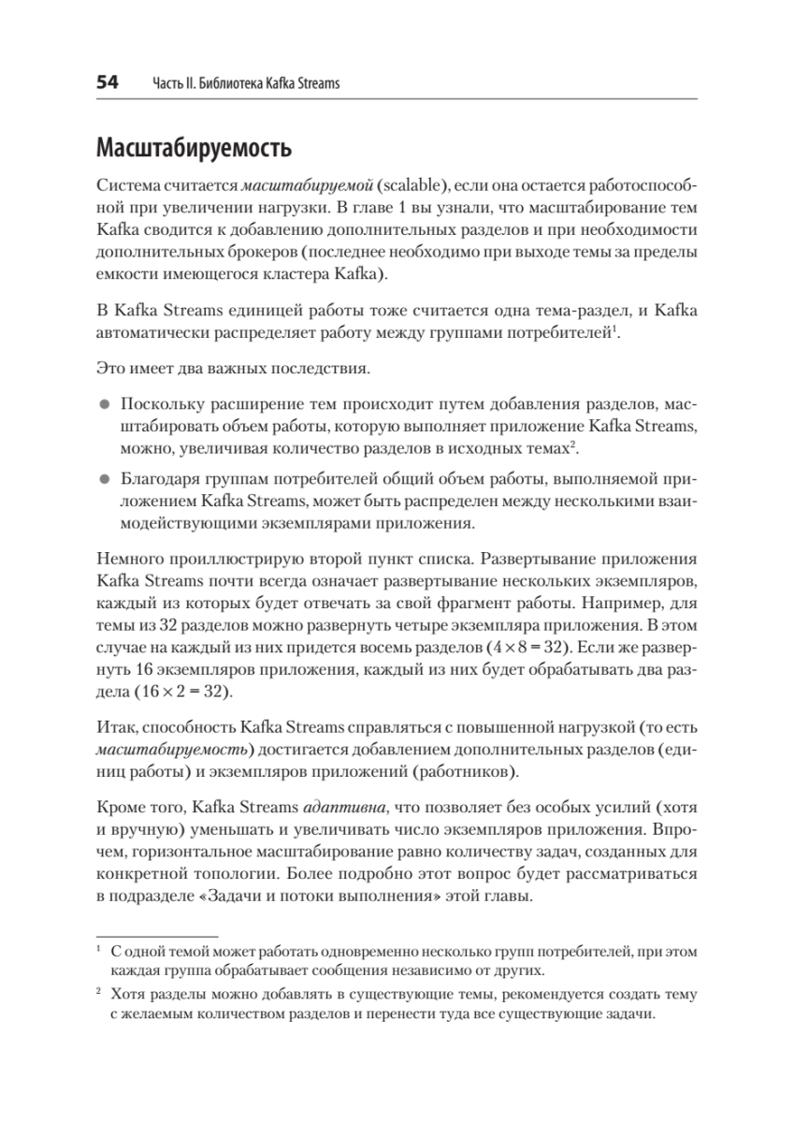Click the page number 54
click(108, 83)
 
